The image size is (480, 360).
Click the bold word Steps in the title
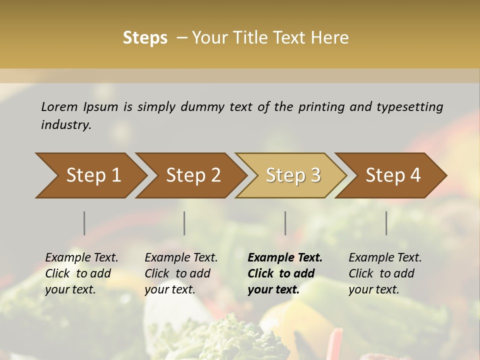pyautogui.click(x=145, y=38)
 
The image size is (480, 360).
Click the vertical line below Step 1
pyautogui.click(x=84, y=223)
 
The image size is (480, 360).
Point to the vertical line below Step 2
pyautogui.click(x=184, y=223)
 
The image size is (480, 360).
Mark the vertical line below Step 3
pyautogui.click(x=285, y=223)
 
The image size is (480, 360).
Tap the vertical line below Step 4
pyautogui.click(x=386, y=223)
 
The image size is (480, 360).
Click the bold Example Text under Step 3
pyautogui.click(x=285, y=273)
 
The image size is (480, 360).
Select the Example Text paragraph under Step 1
pyautogui.click(x=81, y=273)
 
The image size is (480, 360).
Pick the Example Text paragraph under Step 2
pyautogui.click(x=181, y=273)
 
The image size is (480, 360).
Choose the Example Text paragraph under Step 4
pyautogui.click(x=385, y=273)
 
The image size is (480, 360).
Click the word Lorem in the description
pyautogui.click(x=59, y=106)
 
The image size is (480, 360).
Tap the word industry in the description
pyautogui.click(x=66, y=125)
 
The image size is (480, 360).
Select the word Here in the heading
pyautogui.click(x=332, y=38)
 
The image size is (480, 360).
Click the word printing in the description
pyautogui.click(x=321, y=107)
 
